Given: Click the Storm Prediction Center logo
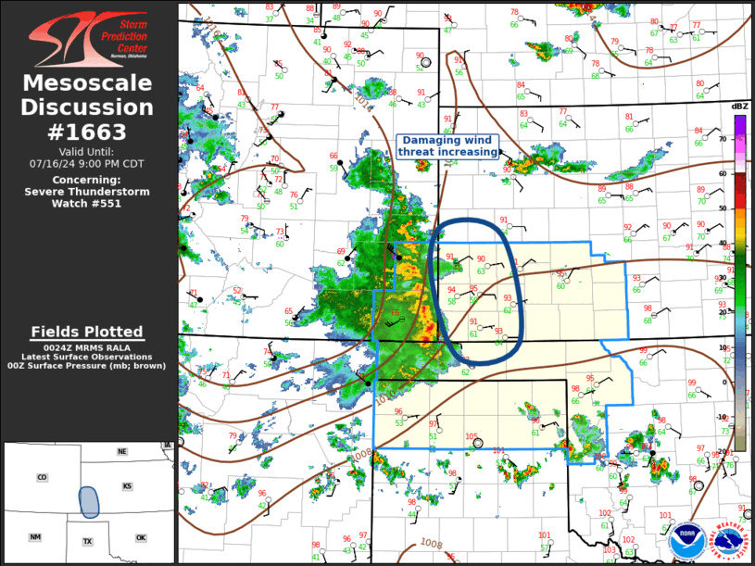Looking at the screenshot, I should (87, 37).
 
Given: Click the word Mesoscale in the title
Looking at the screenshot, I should (87, 84).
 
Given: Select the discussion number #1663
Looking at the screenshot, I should (87, 131).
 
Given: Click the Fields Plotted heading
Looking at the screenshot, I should (87, 332).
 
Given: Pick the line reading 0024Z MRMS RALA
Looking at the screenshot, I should (87, 347).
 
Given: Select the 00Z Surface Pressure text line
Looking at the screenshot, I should (87, 366).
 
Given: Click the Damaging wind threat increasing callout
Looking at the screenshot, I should (448, 145).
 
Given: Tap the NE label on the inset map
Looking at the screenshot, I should (121, 451).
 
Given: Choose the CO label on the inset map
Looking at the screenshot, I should (42, 478).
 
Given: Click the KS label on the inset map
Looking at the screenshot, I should (127, 486).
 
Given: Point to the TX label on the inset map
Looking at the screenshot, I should (87, 541).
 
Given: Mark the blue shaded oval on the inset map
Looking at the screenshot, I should (89, 501).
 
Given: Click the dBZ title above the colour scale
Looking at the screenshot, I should (739, 107).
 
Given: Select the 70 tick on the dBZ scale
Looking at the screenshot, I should (724, 138).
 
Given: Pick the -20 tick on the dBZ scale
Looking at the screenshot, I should (724, 451).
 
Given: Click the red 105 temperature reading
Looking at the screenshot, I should (472, 436).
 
